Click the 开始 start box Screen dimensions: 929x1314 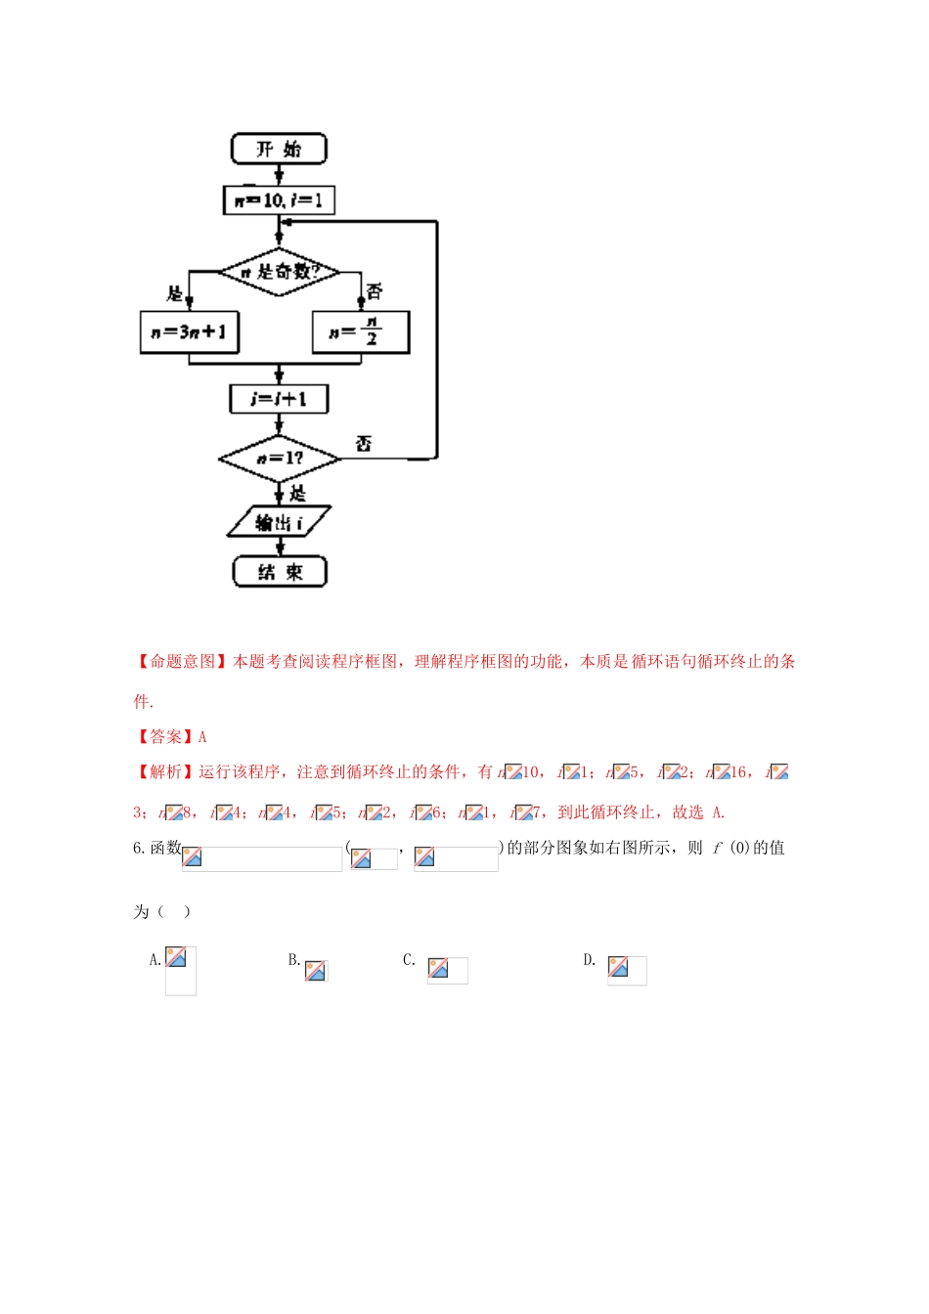coord(279,149)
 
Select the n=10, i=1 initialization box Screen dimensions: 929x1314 coord(279,200)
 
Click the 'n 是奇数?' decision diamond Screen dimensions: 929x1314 coord(279,272)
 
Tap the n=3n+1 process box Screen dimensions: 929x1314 coord(189,332)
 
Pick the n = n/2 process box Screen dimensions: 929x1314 coord(360,332)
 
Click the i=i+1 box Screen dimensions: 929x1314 coord(279,399)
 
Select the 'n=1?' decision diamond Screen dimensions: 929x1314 coord(279,458)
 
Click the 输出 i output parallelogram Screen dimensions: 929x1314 coord(279,522)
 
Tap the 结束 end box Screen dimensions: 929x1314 coord(279,572)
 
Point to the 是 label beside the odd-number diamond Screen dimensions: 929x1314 coord(175,292)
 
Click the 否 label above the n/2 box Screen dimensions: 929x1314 coord(375,290)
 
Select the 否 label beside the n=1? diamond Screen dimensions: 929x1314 coord(363,444)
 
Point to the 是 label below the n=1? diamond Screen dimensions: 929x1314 coord(297,494)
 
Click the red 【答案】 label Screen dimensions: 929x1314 coord(165,737)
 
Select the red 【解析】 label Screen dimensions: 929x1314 coord(165,772)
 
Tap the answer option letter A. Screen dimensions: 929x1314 coord(155,960)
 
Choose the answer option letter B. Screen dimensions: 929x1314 coord(293,960)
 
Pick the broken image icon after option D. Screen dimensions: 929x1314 coord(618,967)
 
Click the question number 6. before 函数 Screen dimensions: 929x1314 coord(139,848)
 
